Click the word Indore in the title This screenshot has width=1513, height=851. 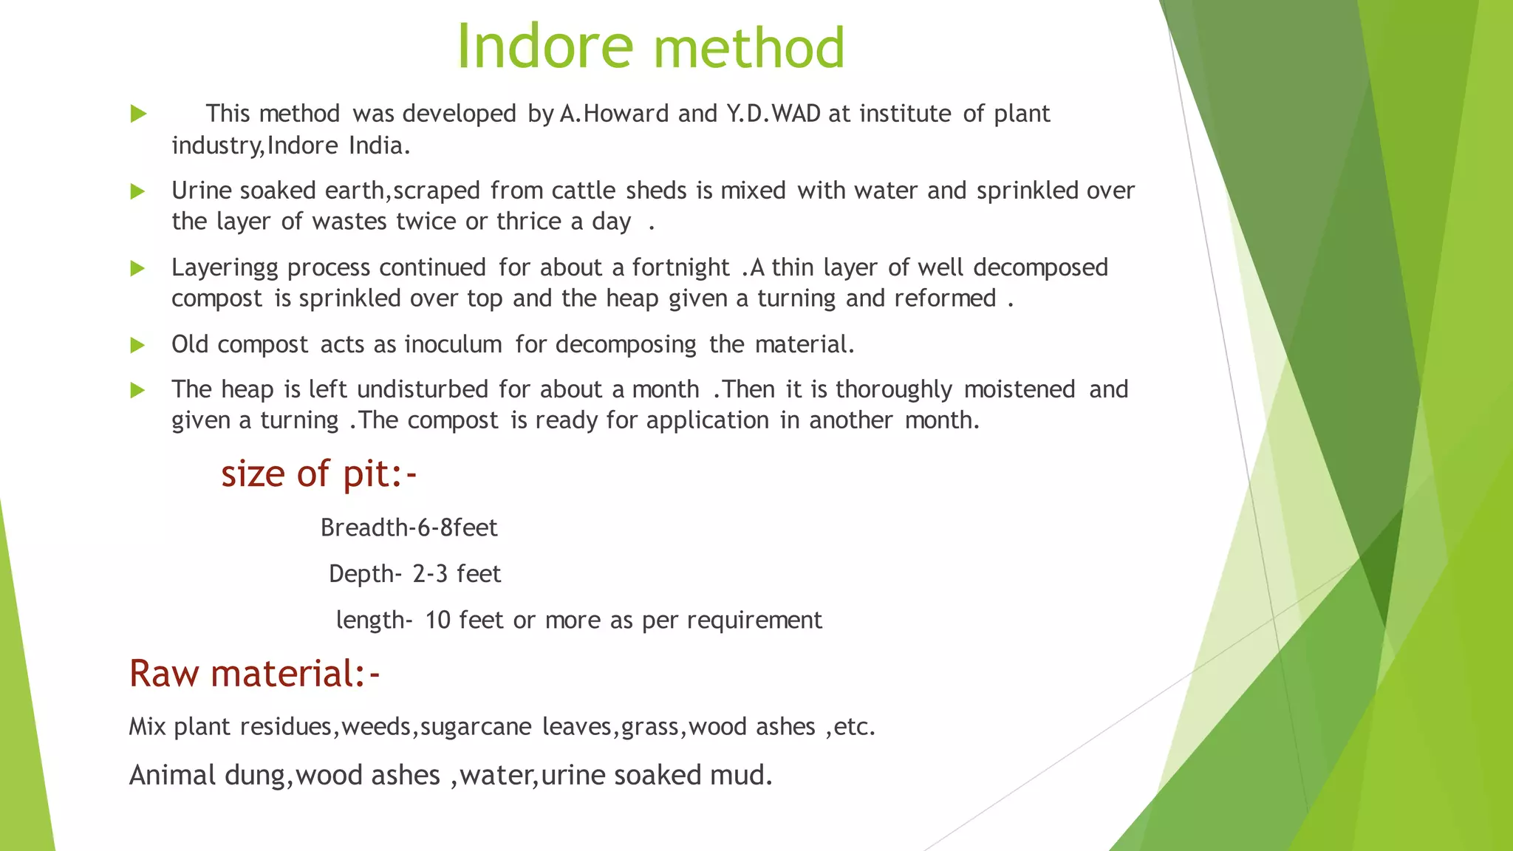click(545, 47)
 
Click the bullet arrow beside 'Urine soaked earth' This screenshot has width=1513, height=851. click(137, 192)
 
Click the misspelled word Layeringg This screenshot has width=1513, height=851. click(225, 268)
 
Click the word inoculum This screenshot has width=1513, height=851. click(453, 344)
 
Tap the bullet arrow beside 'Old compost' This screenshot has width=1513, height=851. click(137, 345)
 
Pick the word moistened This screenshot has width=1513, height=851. click(1019, 389)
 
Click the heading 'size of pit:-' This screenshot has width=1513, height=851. click(318, 474)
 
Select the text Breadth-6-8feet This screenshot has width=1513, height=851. click(409, 528)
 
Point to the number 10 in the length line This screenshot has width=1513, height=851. click(437, 620)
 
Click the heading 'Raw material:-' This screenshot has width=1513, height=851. click(254, 674)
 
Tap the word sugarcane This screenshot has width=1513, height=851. click(476, 727)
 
